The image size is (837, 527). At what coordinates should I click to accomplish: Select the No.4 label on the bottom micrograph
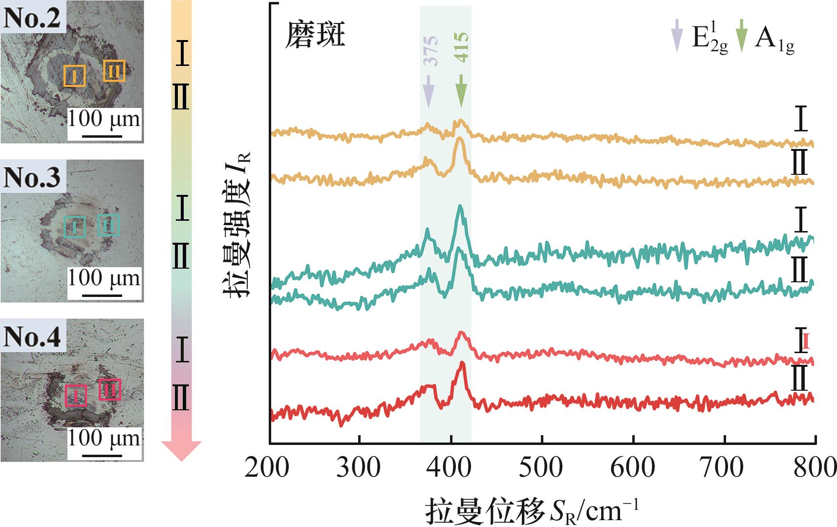click(33, 337)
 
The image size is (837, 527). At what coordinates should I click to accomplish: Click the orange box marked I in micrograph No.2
click(75, 76)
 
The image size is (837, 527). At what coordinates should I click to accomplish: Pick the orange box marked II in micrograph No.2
click(114, 71)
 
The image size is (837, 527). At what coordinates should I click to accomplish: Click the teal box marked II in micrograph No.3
click(108, 225)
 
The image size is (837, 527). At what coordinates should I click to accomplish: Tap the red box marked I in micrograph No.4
click(76, 395)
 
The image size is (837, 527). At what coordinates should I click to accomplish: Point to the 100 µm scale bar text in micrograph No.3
click(104, 278)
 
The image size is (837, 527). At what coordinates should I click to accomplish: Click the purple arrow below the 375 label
click(429, 91)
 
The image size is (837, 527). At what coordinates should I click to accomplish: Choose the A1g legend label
click(774, 38)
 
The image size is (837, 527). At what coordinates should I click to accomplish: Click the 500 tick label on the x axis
click(541, 467)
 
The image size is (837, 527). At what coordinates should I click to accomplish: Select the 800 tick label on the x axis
click(815, 467)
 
